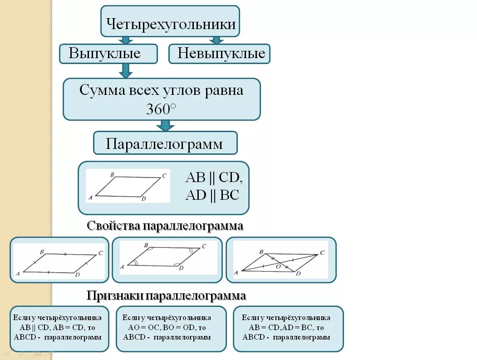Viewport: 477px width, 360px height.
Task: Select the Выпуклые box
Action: [108, 54]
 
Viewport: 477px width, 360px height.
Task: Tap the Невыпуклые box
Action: [220, 54]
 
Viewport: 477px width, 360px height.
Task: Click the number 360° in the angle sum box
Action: [161, 109]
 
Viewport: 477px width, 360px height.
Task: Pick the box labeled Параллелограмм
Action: [165, 143]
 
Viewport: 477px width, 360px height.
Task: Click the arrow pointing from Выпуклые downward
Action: [126, 70]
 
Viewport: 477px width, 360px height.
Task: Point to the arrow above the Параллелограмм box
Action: [165, 126]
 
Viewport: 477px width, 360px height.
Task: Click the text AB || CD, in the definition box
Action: [214, 178]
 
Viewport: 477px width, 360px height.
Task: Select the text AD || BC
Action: [212, 195]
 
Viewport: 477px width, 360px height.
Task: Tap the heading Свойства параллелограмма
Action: [165, 226]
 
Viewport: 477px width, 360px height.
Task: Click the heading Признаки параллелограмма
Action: [166, 296]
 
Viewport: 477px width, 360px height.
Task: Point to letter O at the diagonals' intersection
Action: [279, 267]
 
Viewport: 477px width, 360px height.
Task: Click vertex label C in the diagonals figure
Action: [322, 253]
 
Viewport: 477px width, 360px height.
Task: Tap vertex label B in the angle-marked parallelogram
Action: [146, 246]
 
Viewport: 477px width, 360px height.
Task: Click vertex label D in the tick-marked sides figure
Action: [78, 275]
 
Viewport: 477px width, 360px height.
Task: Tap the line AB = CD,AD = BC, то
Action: [286, 327]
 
